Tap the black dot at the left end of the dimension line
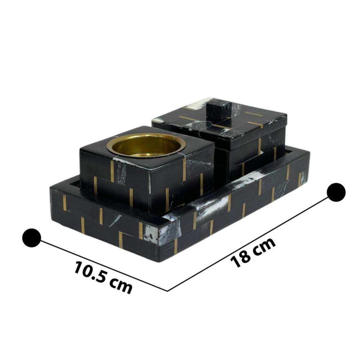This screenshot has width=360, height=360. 32,238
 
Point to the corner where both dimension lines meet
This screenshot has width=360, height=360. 168,291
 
